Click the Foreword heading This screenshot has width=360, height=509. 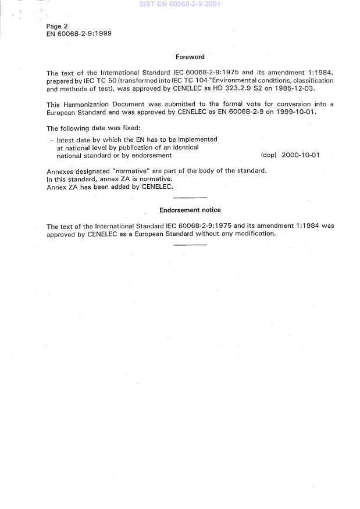(190, 57)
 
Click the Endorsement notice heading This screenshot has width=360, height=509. (190, 210)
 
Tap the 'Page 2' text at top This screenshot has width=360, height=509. (57, 27)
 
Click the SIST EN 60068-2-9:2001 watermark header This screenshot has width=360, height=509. (180, 4)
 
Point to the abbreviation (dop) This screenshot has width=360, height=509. (269, 155)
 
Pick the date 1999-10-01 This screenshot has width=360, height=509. (297, 112)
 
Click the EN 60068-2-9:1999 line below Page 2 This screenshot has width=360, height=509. (79, 34)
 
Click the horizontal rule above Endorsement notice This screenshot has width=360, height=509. (190, 198)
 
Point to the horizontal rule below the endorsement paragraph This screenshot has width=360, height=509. (190, 245)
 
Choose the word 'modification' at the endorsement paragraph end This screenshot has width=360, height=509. (254, 234)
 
